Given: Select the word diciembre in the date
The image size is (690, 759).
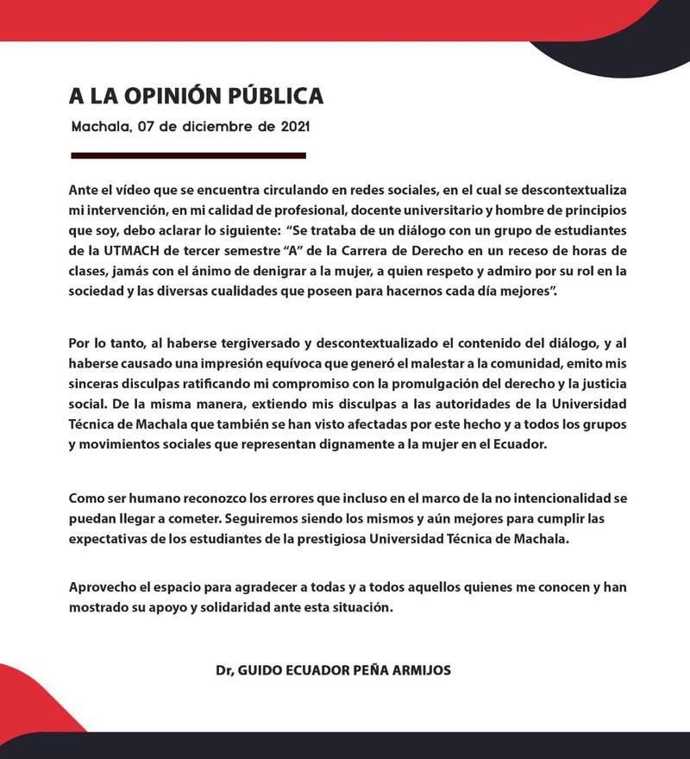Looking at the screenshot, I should [x=213, y=126].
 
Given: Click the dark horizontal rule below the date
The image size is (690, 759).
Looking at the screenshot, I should [x=188, y=156].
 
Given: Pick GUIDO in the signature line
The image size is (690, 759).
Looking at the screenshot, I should [x=260, y=670].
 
